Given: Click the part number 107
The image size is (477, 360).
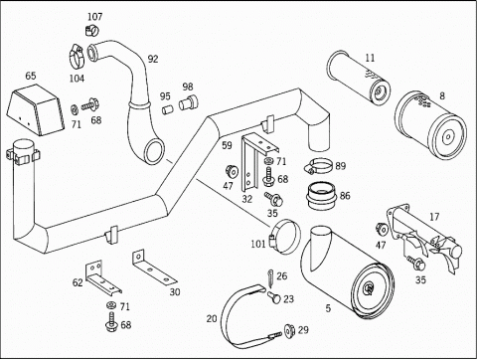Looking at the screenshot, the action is pos(95,16).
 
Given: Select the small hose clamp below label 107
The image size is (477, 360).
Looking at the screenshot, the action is pos(92,31).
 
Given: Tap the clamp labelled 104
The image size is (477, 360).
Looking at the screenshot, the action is pos(78,57).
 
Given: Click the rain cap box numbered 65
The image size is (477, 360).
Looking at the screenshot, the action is pos(36,109).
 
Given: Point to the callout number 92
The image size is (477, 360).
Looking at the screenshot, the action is pos(153,59).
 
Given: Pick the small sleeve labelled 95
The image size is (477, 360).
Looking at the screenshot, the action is pos(168,109).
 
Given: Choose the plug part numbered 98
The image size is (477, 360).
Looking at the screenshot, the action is pos(188,102).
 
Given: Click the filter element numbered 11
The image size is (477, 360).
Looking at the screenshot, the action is pos(359,79).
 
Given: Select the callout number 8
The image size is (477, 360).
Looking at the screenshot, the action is pos(442,95).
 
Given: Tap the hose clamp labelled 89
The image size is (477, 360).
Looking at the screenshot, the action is pos(319,165).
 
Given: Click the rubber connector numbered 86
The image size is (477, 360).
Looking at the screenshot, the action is pos(321,196).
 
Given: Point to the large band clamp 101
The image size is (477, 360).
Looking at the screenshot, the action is pos(284,238).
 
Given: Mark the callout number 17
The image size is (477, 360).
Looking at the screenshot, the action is pos(434,217).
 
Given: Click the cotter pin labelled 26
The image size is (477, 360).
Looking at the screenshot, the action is pos(270,278).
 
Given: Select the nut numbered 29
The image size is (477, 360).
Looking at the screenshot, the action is pos(290,331).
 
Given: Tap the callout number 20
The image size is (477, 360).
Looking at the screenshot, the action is pos(212,319).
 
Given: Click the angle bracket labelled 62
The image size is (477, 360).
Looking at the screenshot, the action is pos(102,277).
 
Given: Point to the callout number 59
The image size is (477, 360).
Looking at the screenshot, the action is pos(227,145).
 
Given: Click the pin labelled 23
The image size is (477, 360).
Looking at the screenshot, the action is pos(273,296).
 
